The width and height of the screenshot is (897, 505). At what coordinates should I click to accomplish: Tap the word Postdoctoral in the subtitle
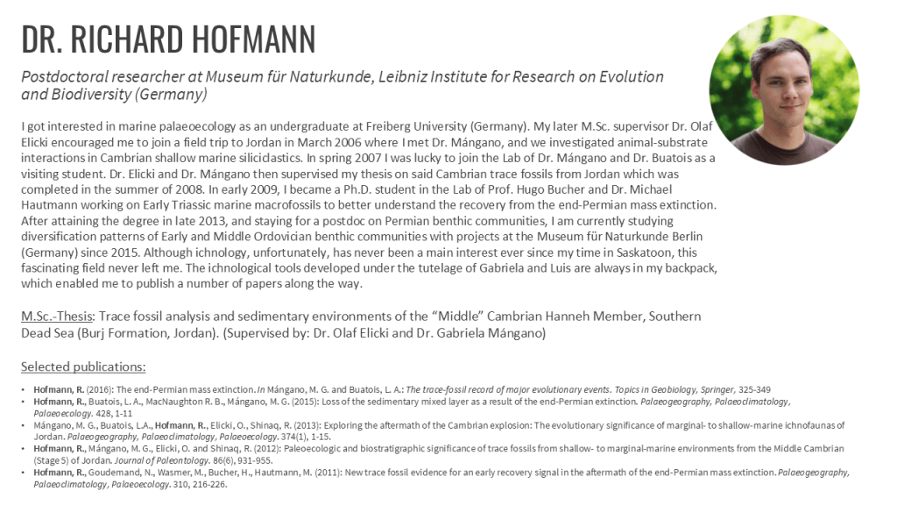(61, 77)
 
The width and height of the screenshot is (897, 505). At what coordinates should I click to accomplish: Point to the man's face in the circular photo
(783, 88)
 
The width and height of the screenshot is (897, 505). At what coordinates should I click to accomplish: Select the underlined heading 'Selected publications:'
(83, 366)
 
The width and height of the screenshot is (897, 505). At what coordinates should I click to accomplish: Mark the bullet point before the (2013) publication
(25, 425)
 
